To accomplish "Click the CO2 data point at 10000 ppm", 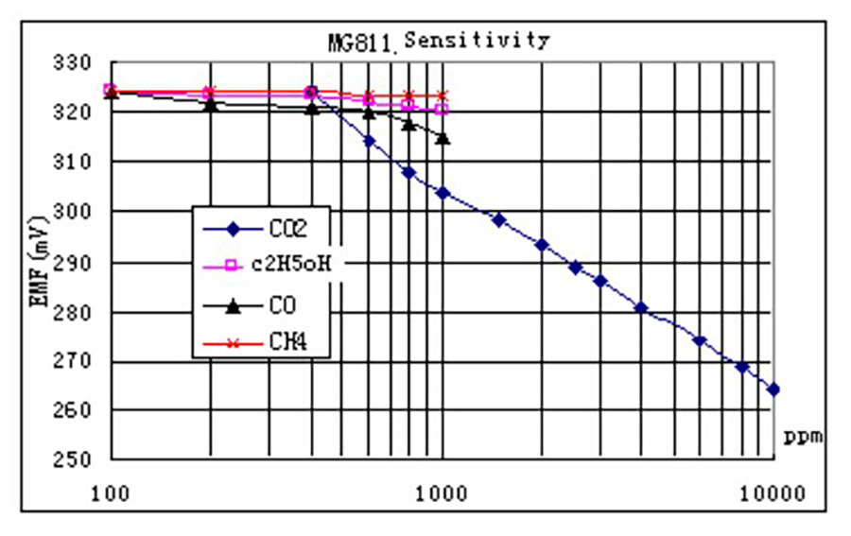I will tap(773, 389).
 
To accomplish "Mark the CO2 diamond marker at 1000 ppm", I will tap(443, 193).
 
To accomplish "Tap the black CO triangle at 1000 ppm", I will tap(443, 139).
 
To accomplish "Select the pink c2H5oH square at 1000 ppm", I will tap(443, 109).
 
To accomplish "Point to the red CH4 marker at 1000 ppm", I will tap(443, 95).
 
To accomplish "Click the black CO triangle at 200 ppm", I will tap(211, 104).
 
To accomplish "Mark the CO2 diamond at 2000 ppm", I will tap(542, 245).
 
